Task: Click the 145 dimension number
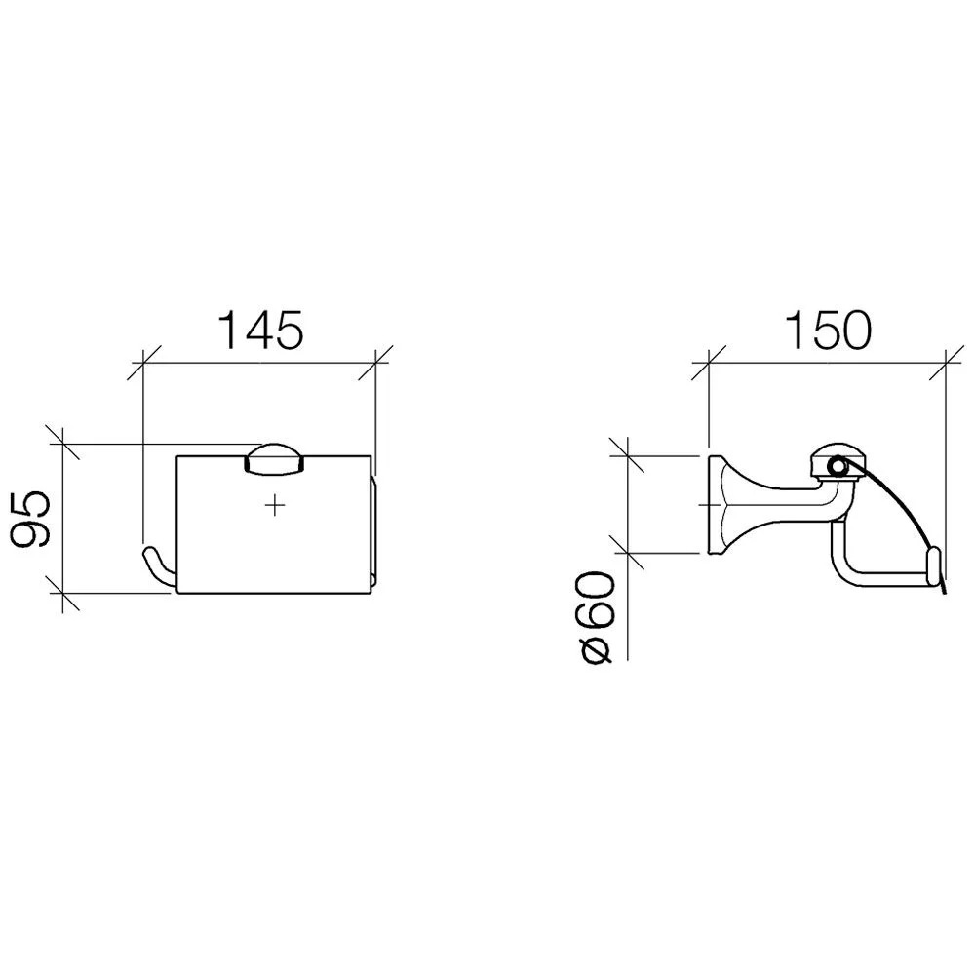(x=262, y=331)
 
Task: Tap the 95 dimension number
(x=30, y=519)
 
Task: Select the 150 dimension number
(x=828, y=331)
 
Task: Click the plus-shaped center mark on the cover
(x=274, y=506)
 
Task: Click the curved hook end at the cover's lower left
(x=159, y=567)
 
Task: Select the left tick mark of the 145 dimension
(x=143, y=363)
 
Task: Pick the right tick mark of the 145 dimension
(x=375, y=363)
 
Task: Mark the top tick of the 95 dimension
(x=63, y=443)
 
